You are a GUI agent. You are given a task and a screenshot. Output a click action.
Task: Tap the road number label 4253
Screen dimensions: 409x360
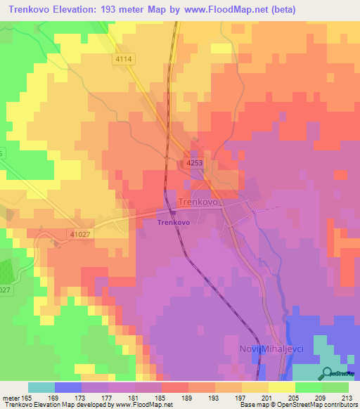click(x=195, y=163)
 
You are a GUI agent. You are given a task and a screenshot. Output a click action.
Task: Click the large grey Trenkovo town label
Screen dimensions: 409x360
click(x=200, y=202)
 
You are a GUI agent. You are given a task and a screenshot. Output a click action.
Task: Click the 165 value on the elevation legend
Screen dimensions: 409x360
click(x=28, y=397)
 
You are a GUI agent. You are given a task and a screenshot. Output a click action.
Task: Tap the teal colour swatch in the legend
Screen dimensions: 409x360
click(x=41, y=387)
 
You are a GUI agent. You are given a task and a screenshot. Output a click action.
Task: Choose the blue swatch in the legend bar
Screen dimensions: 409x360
click(x=67, y=387)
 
